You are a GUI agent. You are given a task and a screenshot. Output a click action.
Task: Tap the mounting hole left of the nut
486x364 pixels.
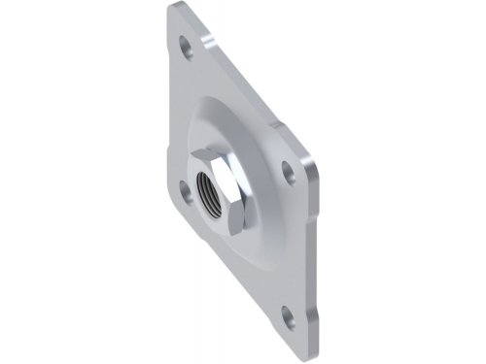[186, 190]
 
